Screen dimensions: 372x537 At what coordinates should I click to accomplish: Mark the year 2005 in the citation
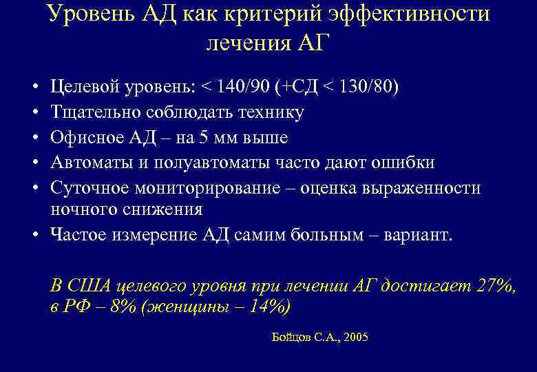[x=355, y=338]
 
